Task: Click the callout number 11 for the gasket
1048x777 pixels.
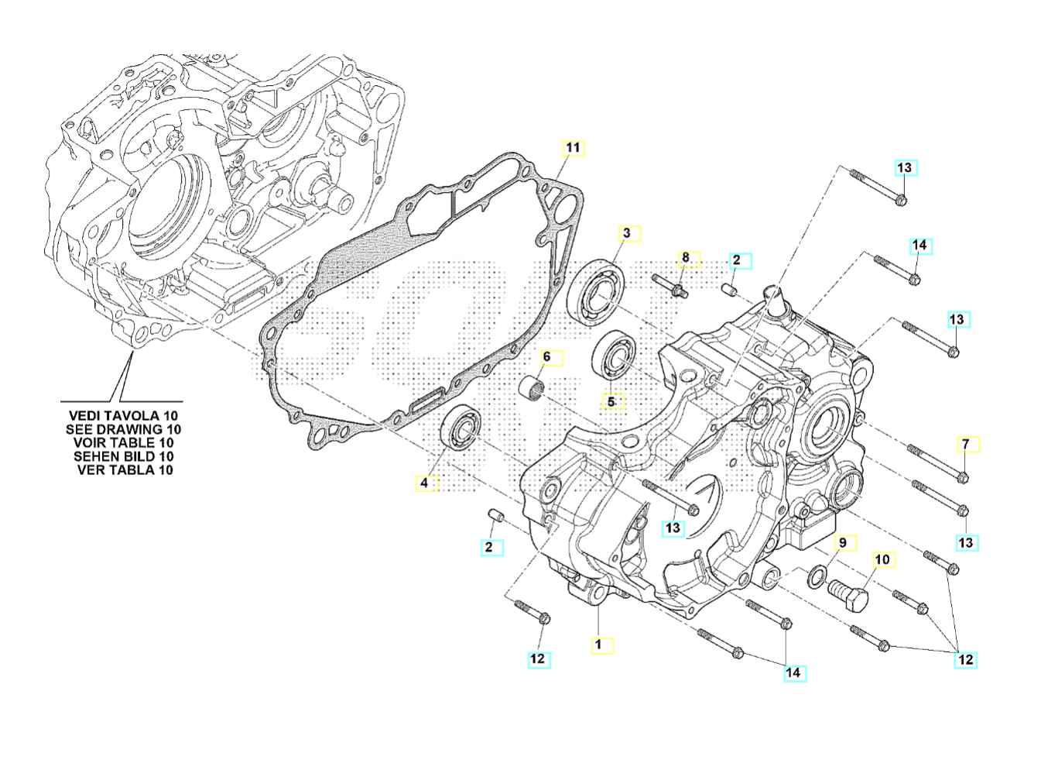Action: pyautogui.click(x=572, y=147)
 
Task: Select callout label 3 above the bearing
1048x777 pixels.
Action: pyautogui.click(x=628, y=232)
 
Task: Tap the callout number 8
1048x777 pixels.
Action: pyautogui.click(x=685, y=257)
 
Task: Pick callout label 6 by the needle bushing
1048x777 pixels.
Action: pyautogui.click(x=546, y=357)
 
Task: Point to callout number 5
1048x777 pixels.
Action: pyautogui.click(x=611, y=402)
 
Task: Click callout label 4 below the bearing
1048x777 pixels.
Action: pyautogui.click(x=424, y=483)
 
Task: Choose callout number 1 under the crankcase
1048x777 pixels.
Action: pyautogui.click(x=598, y=644)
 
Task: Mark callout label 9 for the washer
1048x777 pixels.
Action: pyautogui.click(x=844, y=542)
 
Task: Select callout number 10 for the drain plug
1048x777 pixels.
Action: pyautogui.click(x=882, y=559)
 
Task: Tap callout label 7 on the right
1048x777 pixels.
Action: pyautogui.click(x=965, y=445)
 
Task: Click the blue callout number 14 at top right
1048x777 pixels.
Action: pyautogui.click(x=919, y=246)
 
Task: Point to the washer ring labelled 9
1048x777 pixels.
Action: pyautogui.click(x=815, y=576)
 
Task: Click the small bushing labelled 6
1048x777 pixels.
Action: pyautogui.click(x=533, y=385)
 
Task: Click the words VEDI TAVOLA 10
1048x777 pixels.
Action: pyautogui.click(x=123, y=416)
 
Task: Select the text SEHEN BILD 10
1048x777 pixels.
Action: pyautogui.click(x=124, y=456)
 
